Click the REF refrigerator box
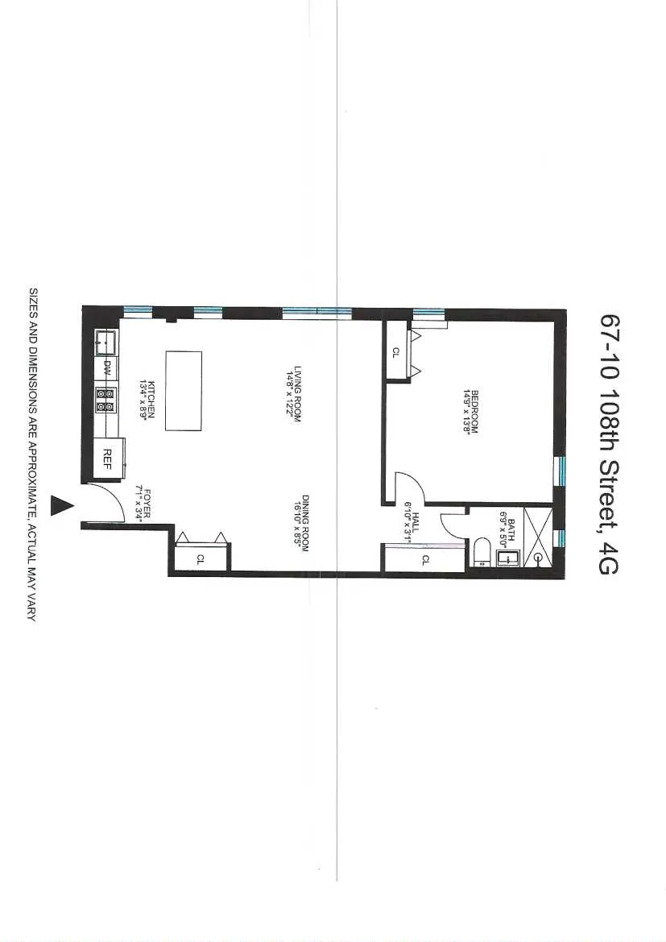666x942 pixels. point(107,455)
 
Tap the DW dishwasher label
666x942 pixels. point(107,367)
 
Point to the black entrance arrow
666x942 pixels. point(61,505)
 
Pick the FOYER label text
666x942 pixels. point(143,504)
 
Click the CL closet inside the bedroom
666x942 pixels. point(396,351)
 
